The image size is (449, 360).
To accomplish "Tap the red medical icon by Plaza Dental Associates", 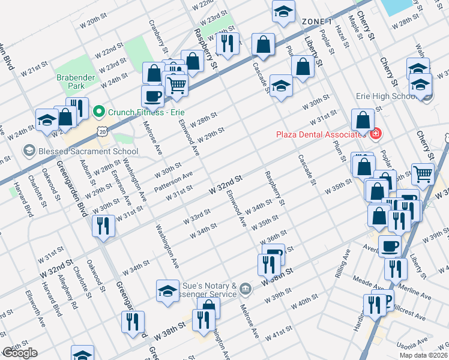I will click(x=376, y=133).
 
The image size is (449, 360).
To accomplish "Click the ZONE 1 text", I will click(x=317, y=22).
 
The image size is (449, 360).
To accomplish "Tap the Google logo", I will click(x=19, y=353).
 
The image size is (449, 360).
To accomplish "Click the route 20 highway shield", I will click(x=103, y=130).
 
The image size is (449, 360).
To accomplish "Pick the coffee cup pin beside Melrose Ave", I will click(x=152, y=96).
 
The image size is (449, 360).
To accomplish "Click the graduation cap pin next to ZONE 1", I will click(x=283, y=12).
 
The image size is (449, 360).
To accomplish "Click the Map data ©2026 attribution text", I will click(x=424, y=355).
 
